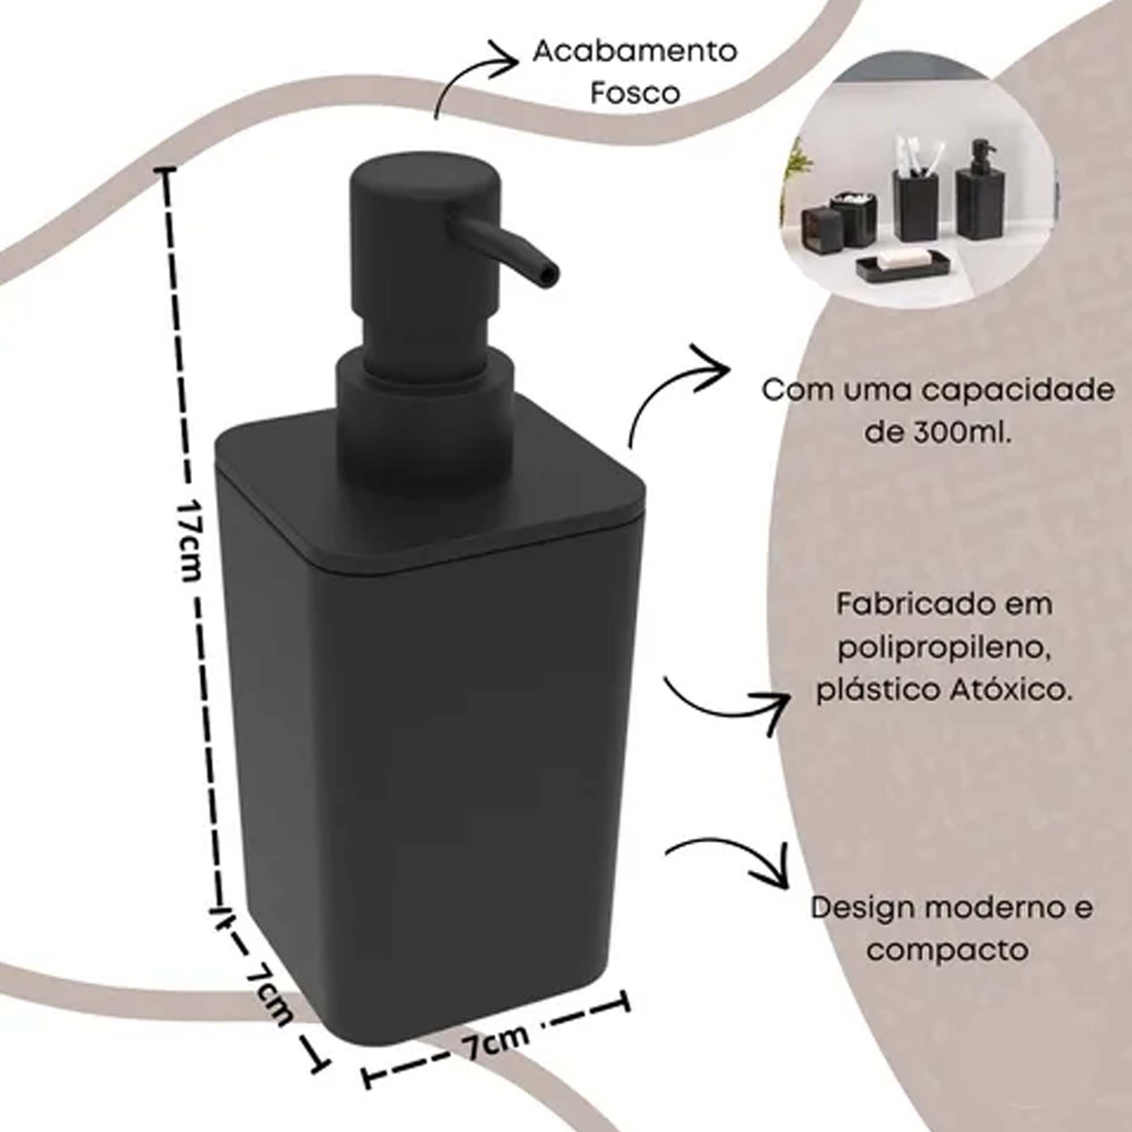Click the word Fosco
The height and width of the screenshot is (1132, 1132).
634,94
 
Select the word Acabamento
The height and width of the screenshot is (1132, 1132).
634,52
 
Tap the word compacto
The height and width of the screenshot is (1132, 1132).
947,949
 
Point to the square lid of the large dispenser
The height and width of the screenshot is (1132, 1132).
431,489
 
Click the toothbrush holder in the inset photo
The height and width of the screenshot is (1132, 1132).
915,199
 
